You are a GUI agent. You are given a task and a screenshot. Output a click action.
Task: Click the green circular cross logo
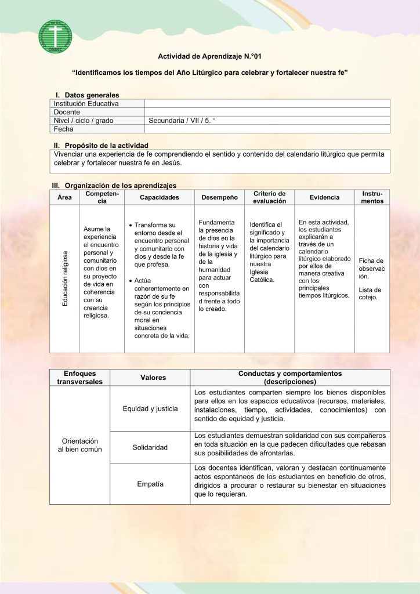point(55,37)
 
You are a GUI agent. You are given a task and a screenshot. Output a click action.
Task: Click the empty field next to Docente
point(267,112)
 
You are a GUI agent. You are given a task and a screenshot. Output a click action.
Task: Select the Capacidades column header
point(160,197)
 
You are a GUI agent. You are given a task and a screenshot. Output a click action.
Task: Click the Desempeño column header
point(219,197)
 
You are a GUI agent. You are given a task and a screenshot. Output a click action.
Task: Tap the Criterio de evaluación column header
point(269,197)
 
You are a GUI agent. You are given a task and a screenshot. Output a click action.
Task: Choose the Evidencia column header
point(324,197)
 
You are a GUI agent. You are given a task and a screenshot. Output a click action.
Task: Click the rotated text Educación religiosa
point(65,278)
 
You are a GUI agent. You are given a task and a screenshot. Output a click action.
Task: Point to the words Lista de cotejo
point(370,294)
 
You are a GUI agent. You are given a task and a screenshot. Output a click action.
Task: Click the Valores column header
point(153,378)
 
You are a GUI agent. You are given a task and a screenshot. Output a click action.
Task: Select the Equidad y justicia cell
point(150,408)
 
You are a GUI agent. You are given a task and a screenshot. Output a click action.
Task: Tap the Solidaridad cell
point(150,447)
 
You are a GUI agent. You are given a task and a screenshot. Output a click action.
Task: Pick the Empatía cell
point(150,484)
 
